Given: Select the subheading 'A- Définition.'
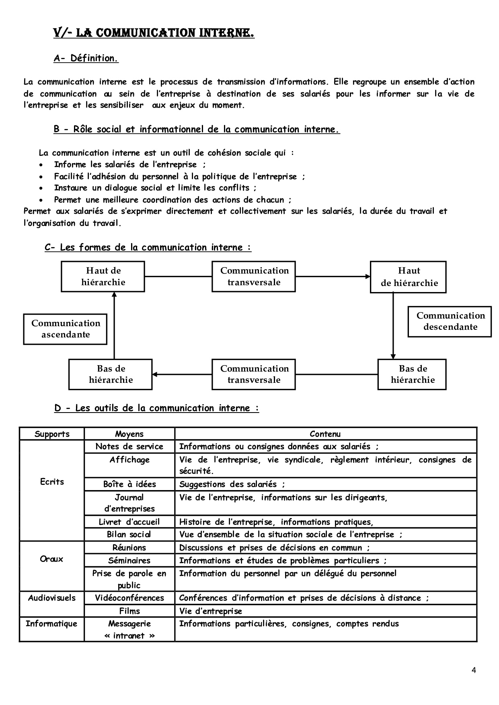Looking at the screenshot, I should (x=86, y=58).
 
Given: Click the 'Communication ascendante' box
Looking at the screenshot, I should (x=65, y=329).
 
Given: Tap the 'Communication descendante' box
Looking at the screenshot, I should (x=450, y=321).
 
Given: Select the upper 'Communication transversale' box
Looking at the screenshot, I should (x=254, y=276).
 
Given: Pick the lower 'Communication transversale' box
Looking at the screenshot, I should (x=254, y=374).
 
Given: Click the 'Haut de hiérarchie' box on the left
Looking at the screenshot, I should (x=103, y=276).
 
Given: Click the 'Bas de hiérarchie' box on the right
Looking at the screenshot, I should (x=412, y=374).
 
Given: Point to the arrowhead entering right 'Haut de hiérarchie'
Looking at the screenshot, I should (x=368, y=276).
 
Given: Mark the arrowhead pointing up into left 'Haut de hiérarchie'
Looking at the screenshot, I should (x=114, y=295).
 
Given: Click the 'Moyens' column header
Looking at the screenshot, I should (x=129, y=434).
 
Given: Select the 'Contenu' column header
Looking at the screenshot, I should (x=325, y=434).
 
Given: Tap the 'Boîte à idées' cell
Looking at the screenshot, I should (x=129, y=484).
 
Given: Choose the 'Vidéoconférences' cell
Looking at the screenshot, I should (x=129, y=598).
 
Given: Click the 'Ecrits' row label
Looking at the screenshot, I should (x=52, y=482).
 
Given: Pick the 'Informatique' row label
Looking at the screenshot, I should (x=51, y=623).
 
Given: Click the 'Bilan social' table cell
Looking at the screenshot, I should (x=129, y=534).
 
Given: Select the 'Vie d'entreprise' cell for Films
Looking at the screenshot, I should (x=211, y=611).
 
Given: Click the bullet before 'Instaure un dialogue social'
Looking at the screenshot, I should (x=41, y=188).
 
